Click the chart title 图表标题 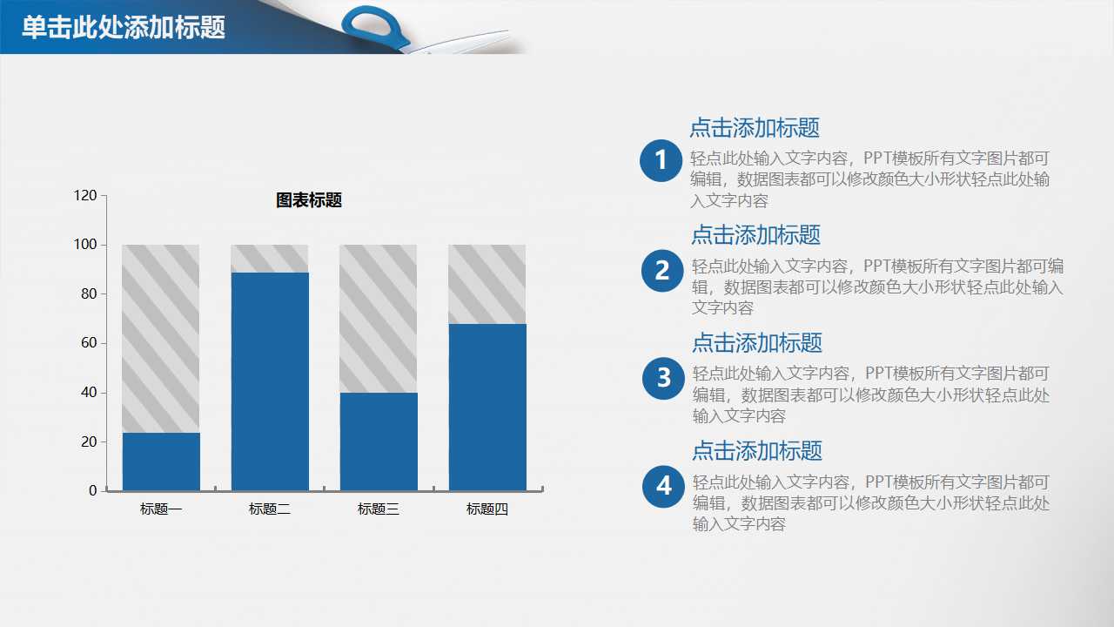pyautogui.click(x=309, y=200)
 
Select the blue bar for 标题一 pyautogui.click(x=161, y=462)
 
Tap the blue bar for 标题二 pyautogui.click(x=270, y=381)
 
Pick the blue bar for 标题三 pyautogui.click(x=379, y=442)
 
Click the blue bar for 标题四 pyautogui.click(x=487, y=407)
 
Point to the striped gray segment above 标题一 pyautogui.click(x=161, y=339)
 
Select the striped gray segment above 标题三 pyautogui.click(x=379, y=319)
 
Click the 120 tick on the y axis pyautogui.click(x=85, y=196)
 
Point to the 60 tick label pyautogui.click(x=87, y=343)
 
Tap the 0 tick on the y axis pyautogui.click(x=93, y=491)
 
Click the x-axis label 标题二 pyautogui.click(x=270, y=509)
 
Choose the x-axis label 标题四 pyautogui.click(x=487, y=509)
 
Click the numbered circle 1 pyautogui.click(x=661, y=160)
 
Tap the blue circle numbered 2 pyautogui.click(x=662, y=270)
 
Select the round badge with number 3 pyautogui.click(x=663, y=378)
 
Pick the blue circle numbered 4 pyautogui.click(x=664, y=486)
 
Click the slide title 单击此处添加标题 pyautogui.click(x=124, y=28)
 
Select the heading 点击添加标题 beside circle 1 pyautogui.click(x=755, y=128)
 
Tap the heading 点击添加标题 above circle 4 pyautogui.click(x=757, y=451)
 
